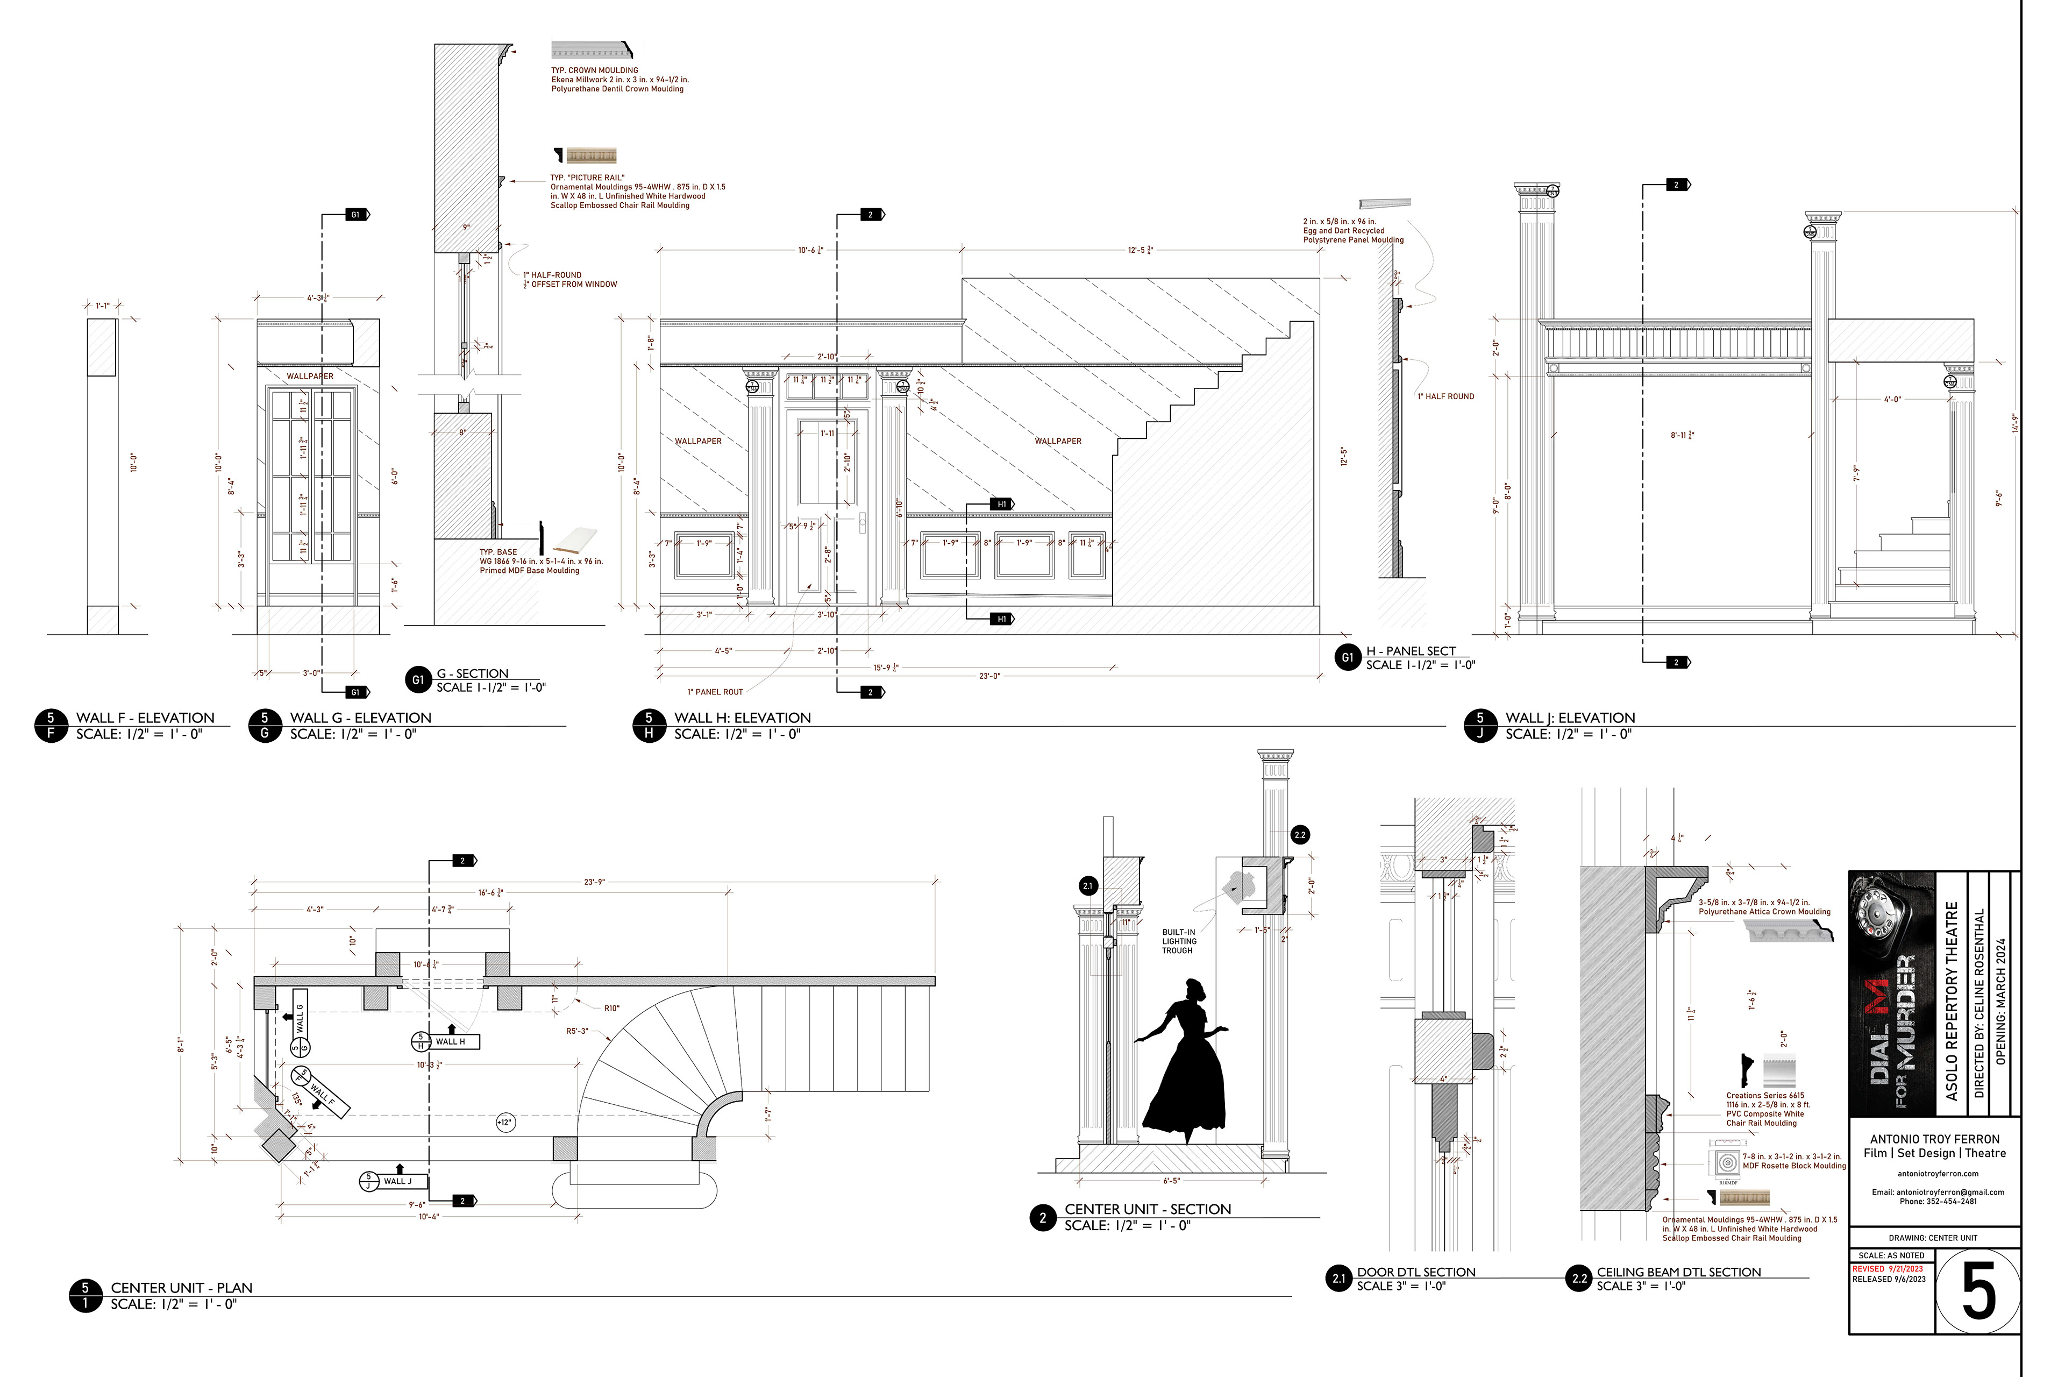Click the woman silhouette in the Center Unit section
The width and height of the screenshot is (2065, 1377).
coord(1182,1067)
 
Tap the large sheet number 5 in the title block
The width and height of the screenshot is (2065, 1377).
coord(1978,1291)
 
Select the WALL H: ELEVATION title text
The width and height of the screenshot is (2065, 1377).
coord(742,718)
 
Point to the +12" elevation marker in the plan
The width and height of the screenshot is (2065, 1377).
coord(504,1123)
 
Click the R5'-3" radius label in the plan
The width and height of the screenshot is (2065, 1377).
coord(577,1031)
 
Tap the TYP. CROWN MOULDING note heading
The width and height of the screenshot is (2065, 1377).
coord(594,70)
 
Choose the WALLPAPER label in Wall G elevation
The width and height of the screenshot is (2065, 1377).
coord(310,376)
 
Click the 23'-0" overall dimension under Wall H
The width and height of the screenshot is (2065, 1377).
coord(989,676)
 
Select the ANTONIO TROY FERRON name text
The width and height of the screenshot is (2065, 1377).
coord(1934,1139)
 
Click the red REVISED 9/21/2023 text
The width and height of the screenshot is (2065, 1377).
coord(1887,1269)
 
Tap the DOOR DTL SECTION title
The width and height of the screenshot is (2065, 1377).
coord(1415,1272)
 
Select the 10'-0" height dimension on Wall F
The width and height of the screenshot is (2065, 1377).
coord(134,463)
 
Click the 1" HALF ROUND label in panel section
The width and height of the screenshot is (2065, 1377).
coord(1445,396)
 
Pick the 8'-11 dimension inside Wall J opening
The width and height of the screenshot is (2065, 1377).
coord(1682,435)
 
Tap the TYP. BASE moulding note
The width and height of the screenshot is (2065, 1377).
coord(499,552)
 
